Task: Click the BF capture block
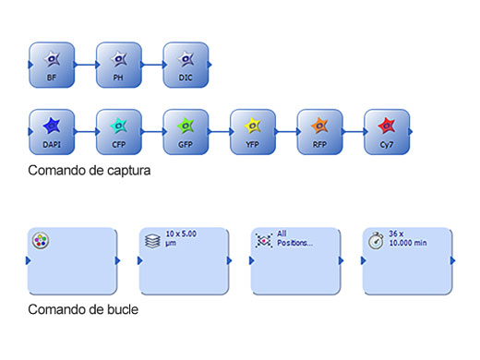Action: click(x=52, y=65)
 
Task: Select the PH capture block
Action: click(x=119, y=65)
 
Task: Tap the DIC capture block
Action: click(x=186, y=65)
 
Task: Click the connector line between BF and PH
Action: click(x=86, y=65)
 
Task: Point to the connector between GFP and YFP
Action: click(x=220, y=132)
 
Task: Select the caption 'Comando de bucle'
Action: click(x=83, y=309)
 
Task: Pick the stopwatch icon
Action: click(x=377, y=240)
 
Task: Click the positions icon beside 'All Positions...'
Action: click(x=264, y=240)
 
